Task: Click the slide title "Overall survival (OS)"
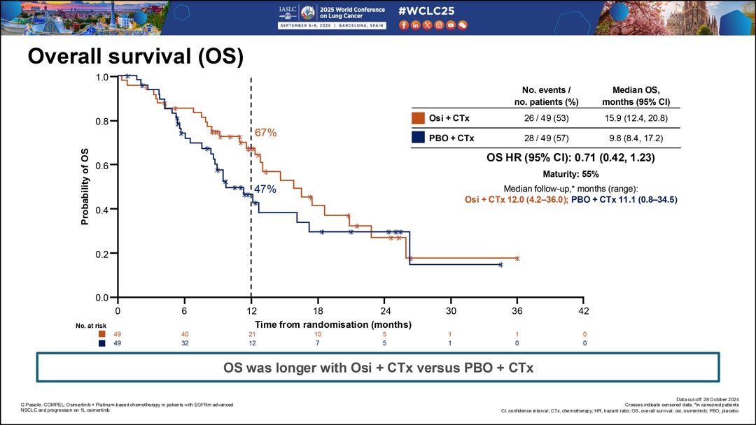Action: pos(134,57)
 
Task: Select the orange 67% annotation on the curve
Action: pos(266,132)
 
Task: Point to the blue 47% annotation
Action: pos(265,189)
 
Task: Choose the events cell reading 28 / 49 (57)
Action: pos(546,138)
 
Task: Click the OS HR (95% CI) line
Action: pos(570,158)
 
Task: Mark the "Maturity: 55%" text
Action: pos(570,174)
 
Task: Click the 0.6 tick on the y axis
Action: pos(103,165)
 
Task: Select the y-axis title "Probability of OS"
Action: pos(85,187)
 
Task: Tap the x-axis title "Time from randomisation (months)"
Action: pos(332,324)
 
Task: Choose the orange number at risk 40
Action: pos(184,334)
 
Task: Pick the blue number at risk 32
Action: pos(184,343)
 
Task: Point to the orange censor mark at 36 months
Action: pos(517,259)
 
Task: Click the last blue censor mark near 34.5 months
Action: pos(500,265)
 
